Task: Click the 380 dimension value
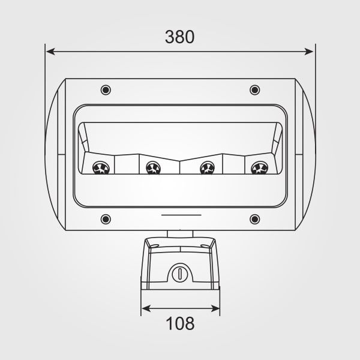(180, 37)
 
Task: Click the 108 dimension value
(180, 324)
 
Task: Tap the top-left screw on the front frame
(106, 90)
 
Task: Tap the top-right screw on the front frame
(254, 90)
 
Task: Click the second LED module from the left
(152, 169)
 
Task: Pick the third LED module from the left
(208, 169)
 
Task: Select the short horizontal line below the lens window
(180, 214)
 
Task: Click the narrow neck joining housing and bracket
(180, 233)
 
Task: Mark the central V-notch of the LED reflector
(180, 161)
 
